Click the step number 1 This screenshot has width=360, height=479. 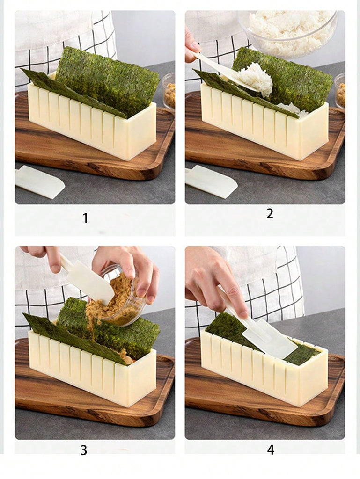pos(86,218)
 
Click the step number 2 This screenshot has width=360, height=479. pos(270,213)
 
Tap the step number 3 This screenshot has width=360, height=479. pos(84,450)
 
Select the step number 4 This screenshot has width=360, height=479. pos(271,450)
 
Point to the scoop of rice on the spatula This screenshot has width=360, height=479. pos(256,79)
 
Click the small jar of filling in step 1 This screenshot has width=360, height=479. pos(169,91)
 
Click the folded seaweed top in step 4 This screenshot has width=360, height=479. pos(263,339)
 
